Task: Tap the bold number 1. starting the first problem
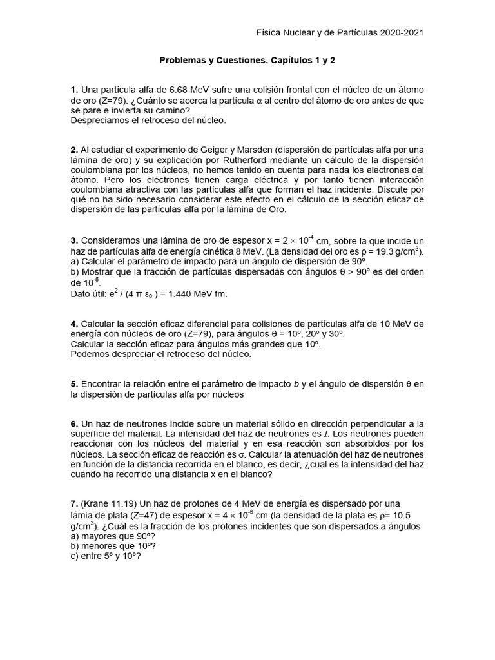pos(75,89)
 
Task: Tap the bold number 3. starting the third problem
pos(75,240)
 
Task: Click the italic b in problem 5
pos(296,384)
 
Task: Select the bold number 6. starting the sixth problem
pos(75,424)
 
